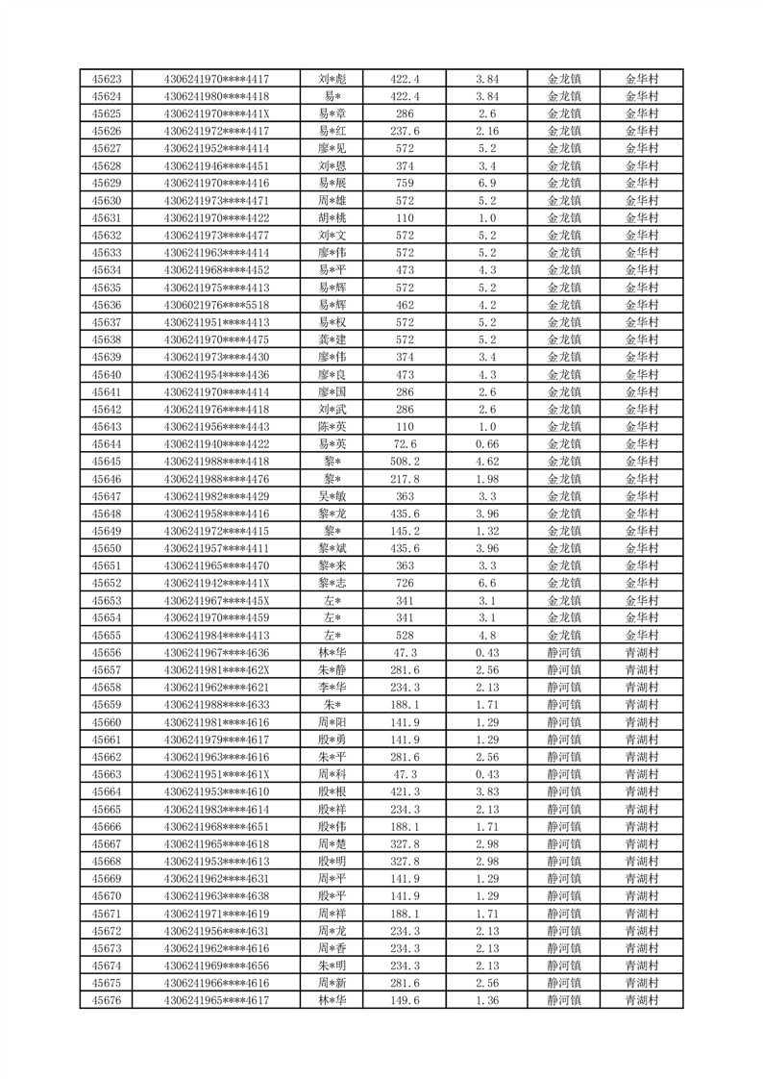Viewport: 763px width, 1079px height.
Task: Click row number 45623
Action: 107,79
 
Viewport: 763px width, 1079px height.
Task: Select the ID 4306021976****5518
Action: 216,305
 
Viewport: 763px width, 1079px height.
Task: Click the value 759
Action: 405,183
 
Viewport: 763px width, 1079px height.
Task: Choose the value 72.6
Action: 405,443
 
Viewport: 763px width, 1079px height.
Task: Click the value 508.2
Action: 405,461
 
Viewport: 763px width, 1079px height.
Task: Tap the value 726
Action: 405,583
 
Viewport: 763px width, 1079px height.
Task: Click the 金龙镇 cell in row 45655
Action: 564,635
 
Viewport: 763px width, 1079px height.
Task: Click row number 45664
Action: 107,791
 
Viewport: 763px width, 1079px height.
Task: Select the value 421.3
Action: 405,791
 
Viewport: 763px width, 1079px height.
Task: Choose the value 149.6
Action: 405,1000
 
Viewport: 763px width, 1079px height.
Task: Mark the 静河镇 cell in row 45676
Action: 564,1000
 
